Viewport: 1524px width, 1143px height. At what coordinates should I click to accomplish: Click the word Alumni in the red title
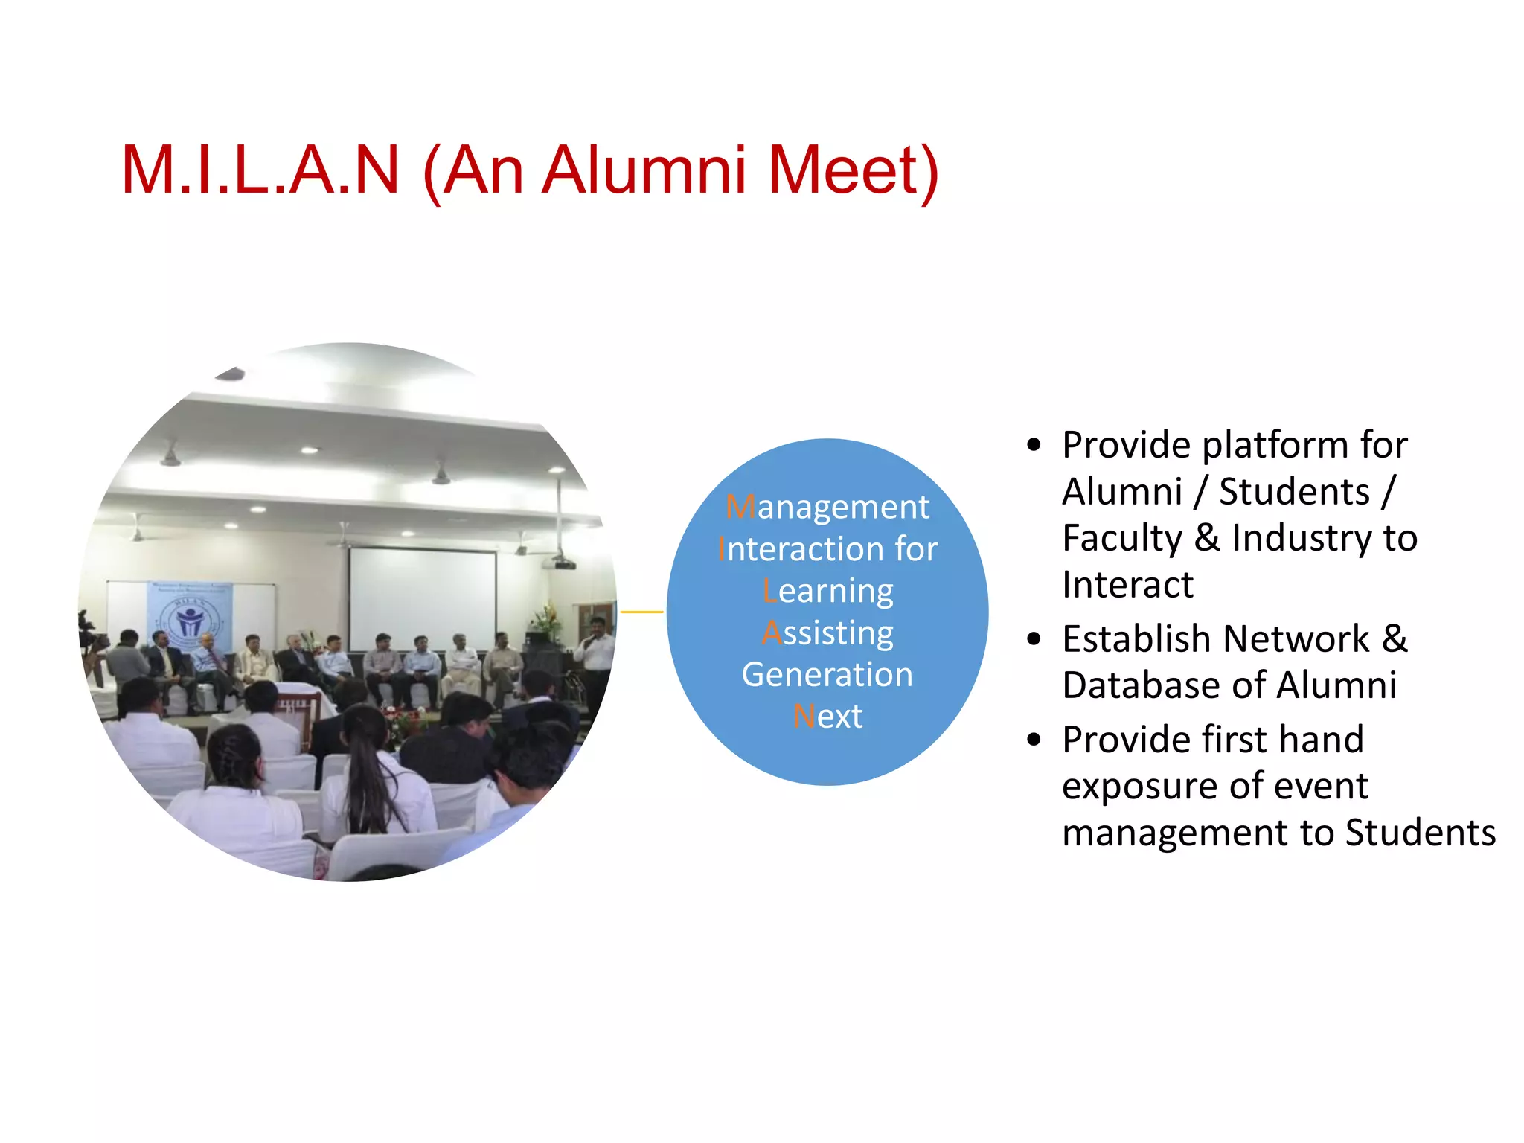[644, 170]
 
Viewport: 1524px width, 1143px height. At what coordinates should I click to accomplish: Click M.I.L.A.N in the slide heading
[260, 170]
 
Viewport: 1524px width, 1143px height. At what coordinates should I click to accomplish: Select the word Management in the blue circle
[827, 508]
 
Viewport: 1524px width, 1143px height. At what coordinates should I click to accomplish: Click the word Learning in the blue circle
[827, 592]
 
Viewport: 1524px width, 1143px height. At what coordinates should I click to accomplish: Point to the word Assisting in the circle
[827, 633]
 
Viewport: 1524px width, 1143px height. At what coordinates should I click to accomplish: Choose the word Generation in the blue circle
[827, 675]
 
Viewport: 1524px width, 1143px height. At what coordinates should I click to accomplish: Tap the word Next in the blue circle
[827, 717]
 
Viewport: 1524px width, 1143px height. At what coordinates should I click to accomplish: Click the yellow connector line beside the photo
[641, 612]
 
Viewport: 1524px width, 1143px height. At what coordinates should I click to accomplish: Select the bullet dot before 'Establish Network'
[1033, 638]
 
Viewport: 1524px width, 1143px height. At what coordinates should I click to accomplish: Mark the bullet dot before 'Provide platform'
[1033, 445]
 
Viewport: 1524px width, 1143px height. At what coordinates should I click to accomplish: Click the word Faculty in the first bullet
[1121, 538]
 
